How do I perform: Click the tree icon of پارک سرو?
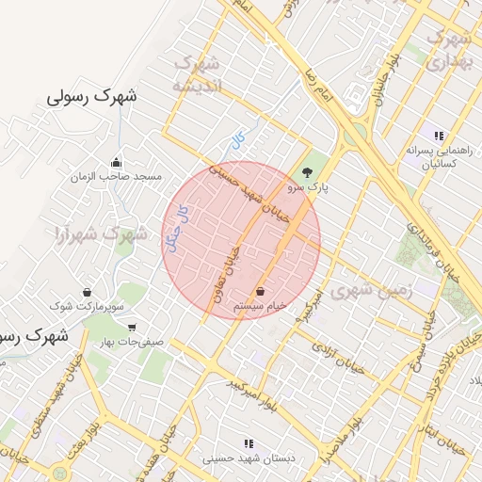(x=306, y=172)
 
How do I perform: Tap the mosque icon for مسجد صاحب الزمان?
(x=116, y=161)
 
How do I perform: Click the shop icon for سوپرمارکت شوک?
(x=87, y=292)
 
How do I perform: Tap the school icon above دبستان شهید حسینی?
(x=249, y=442)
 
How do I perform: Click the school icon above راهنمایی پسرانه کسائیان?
(x=438, y=135)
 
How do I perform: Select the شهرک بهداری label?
(x=447, y=49)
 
